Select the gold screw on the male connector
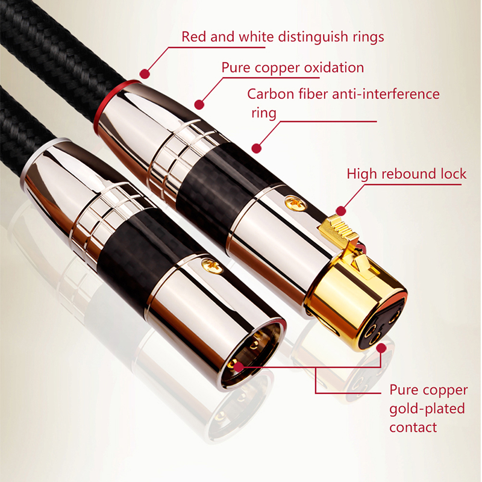click(x=212, y=266)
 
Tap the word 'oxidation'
click(x=334, y=67)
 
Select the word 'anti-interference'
click(x=386, y=94)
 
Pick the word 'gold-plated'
click(x=427, y=409)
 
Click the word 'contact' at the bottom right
click(x=413, y=428)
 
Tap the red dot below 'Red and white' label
click(x=145, y=74)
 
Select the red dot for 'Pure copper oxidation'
click(x=199, y=104)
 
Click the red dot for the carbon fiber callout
click(x=257, y=148)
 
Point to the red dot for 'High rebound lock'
click(x=341, y=211)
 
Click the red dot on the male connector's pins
click(x=238, y=366)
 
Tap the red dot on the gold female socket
click(x=381, y=348)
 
